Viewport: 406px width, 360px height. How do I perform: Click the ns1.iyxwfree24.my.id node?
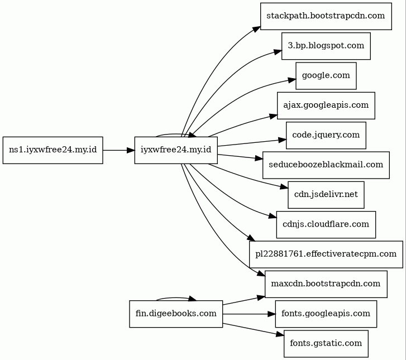[x=53, y=150]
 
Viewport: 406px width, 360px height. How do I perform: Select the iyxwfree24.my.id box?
[x=176, y=150]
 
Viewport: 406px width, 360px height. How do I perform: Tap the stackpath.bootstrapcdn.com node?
[x=326, y=16]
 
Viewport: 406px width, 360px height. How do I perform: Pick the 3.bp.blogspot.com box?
[x=326, y=46]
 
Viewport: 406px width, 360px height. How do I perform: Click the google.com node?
[x=326, y=76]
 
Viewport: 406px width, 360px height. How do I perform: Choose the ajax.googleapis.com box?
[x=326, y=105]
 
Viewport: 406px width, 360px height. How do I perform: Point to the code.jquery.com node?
[x=326, y=136]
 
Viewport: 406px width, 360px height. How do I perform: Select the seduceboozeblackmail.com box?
[x=326, y=165]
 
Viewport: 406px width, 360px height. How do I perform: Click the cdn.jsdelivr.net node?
[x=326, y=195]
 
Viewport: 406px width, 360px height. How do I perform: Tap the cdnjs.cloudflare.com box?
[x=326, y=224]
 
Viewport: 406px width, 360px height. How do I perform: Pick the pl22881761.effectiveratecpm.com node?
[x=326, y=255]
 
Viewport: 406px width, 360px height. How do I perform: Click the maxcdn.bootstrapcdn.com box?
[x=326, y=284]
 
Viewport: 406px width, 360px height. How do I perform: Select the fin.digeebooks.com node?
[x=176, y=314]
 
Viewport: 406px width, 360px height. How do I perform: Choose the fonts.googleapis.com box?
[x=326, y=314]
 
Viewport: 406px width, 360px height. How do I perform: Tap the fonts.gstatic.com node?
[x=326, y=344]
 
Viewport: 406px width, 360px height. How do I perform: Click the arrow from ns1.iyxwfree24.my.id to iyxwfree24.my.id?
[x=119, y=150]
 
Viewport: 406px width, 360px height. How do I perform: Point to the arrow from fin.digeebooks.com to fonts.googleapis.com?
[x=249, y=314]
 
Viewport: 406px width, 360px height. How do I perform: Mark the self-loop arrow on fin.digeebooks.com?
[x=176, y=298]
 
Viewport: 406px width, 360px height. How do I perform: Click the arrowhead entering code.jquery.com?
[x=282, y=140]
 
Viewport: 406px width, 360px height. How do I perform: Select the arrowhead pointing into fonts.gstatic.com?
[x=280, y=335]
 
